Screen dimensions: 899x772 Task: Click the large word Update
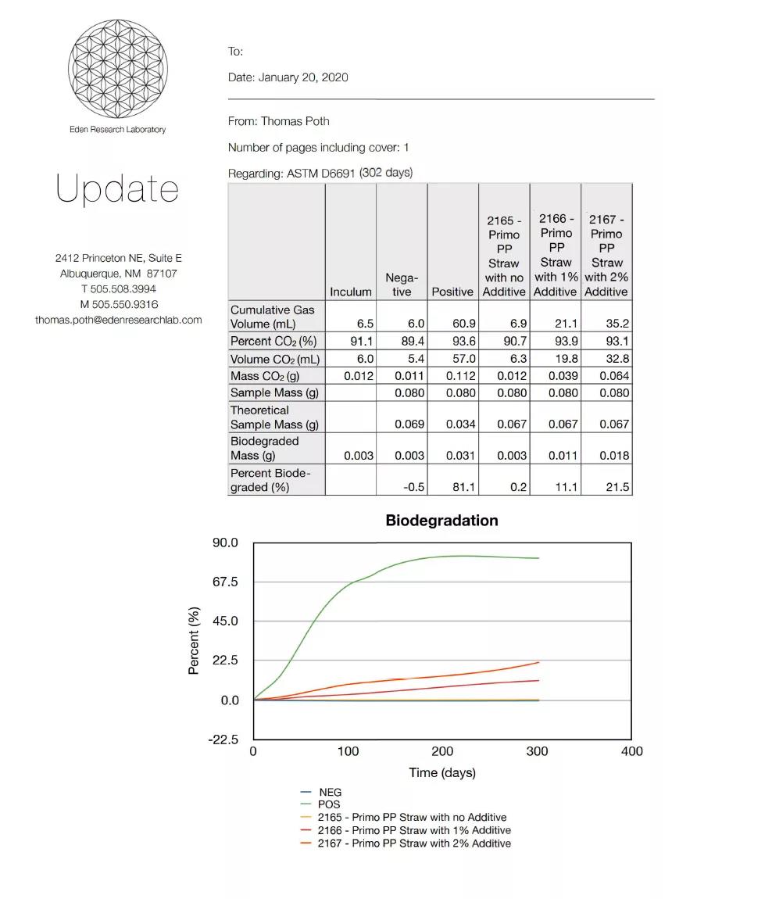click(117, 190)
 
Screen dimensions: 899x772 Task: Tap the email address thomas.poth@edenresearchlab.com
click(118, 320)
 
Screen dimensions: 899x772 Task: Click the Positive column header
click(452, 292)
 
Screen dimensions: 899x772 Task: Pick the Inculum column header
click(351, 292)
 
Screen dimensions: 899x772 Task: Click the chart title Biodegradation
click(441, 521)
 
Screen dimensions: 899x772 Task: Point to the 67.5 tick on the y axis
click(224, 582)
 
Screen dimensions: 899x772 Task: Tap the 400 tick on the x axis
click(631, 751)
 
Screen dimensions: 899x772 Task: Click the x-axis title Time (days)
click(441, 772)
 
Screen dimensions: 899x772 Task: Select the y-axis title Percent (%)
click(195, 640)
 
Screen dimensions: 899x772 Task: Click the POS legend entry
click(328, 804)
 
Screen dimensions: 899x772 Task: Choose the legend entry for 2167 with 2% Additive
click(413, 843)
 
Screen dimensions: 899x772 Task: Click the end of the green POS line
click(538, 558)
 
